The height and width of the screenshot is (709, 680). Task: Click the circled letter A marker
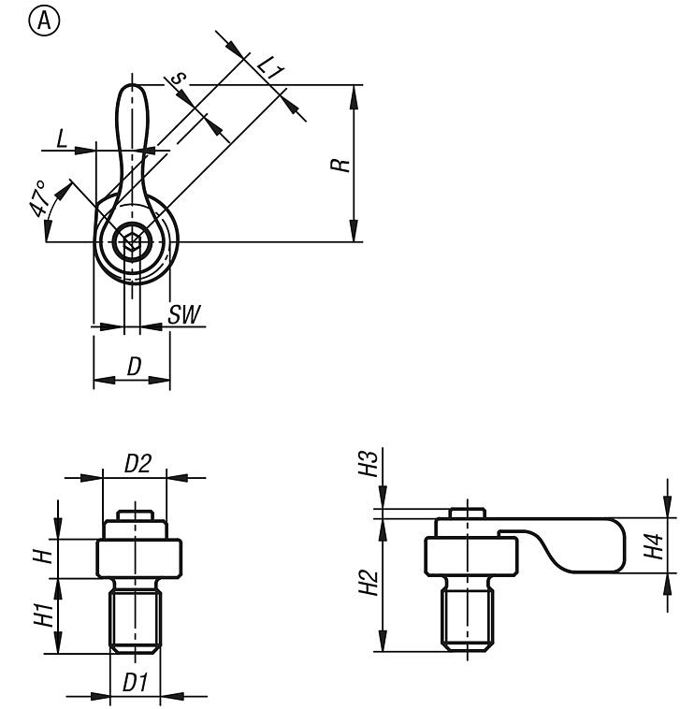click(x=44, y=22)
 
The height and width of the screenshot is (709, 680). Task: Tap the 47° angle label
click(x=38, y=198)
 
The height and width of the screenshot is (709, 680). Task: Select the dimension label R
click(x=340, y=165)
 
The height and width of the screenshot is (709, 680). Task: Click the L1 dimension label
click(x=271, y=68)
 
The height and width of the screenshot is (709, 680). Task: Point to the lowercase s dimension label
click(x=180, y=78)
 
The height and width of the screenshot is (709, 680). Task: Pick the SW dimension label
click(x=184, y=314)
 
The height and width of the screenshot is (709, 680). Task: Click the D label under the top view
click(x=135, y=367)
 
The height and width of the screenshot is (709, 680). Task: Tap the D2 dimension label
click(x=137, y=463)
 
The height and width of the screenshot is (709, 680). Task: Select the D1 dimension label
click(x=136, y=683)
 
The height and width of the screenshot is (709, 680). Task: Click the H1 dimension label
click(x=44, y=615)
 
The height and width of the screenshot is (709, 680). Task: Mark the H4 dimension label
click(x=653, y=546)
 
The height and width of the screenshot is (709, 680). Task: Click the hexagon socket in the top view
click(x=133, y=241)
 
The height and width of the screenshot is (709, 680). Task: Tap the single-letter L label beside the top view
click(x=62, y=138)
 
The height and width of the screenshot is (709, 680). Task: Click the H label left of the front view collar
click(x=44, y=557)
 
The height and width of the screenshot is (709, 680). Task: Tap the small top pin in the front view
click(x=135, y=515)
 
